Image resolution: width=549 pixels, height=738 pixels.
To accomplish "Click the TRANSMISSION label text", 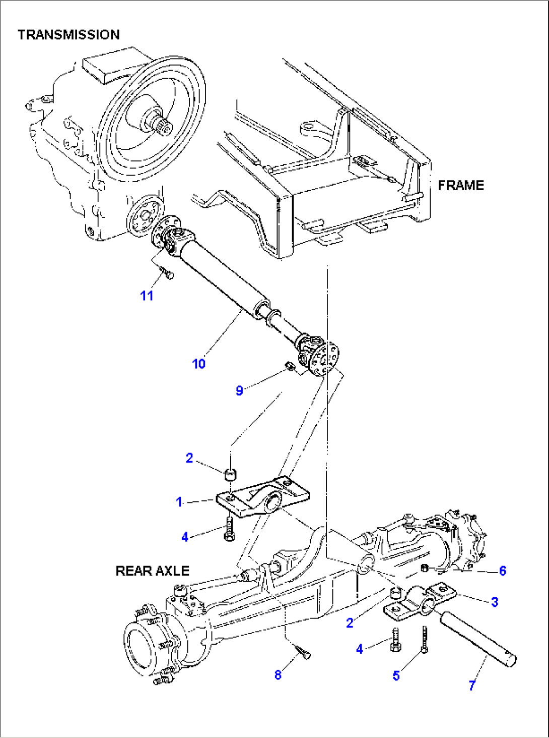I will pyautogui.click(x=68, y=35).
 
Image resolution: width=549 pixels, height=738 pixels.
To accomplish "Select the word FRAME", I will pyautogui.click(x=460, y=186).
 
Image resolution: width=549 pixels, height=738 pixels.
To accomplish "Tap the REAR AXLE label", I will pyautogui.click(x=152, y=571).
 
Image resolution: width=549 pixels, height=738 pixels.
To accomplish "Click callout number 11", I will pyautogui.click(x=147, y=296).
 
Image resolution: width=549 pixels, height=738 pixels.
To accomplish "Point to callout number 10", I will pyautogui.click(x=198, y=364).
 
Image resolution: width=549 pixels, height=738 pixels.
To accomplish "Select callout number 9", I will pyautogui.click(x=239, y=390).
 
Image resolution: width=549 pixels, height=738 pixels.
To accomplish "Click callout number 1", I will pyautogui.click(x=179, y=502).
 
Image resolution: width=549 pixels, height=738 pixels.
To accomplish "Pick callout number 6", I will pyautogui.click(x=502, y=571).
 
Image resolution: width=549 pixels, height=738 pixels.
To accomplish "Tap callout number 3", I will pyautogui.click(x=495, y=602).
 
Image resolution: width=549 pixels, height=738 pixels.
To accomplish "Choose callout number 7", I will pyautogui.click(x=472, y=685).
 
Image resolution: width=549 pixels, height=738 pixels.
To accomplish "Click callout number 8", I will pyautogui.click(x=278, y=675).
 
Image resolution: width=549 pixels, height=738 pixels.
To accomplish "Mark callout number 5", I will pyautogui.click(x=396, y=676).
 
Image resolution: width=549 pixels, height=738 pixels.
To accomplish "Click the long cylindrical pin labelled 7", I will pyautogui.click(x=477, y=638).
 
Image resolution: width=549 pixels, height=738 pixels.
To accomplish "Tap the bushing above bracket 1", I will pyautogui.click(x=231, y=474).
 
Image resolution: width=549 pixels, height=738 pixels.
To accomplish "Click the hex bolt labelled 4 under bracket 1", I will pyautogui.click(x=229, y=529).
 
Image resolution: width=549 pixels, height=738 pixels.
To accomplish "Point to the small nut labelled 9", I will pyautogui.click(x=290, y=366).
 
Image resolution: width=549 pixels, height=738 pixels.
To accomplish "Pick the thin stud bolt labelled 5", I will pyautogui.click(x=425, y=640).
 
